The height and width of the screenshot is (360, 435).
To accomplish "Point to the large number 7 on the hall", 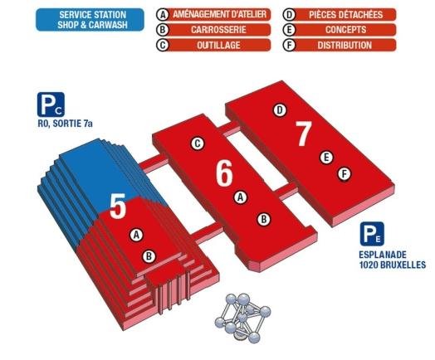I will point(303,133).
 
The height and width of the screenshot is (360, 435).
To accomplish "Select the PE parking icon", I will point(370,235).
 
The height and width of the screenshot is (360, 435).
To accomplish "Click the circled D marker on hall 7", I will point(280,109).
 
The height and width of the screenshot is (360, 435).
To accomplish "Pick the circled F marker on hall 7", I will point(344,173).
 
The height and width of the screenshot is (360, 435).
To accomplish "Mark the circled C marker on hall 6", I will point(197,143).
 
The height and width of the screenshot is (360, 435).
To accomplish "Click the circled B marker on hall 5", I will point(149,255).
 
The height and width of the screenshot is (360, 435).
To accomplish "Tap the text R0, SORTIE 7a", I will point(66,124).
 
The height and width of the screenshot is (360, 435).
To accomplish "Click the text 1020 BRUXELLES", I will point(392,265).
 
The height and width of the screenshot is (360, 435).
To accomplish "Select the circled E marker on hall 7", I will point(326,156).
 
